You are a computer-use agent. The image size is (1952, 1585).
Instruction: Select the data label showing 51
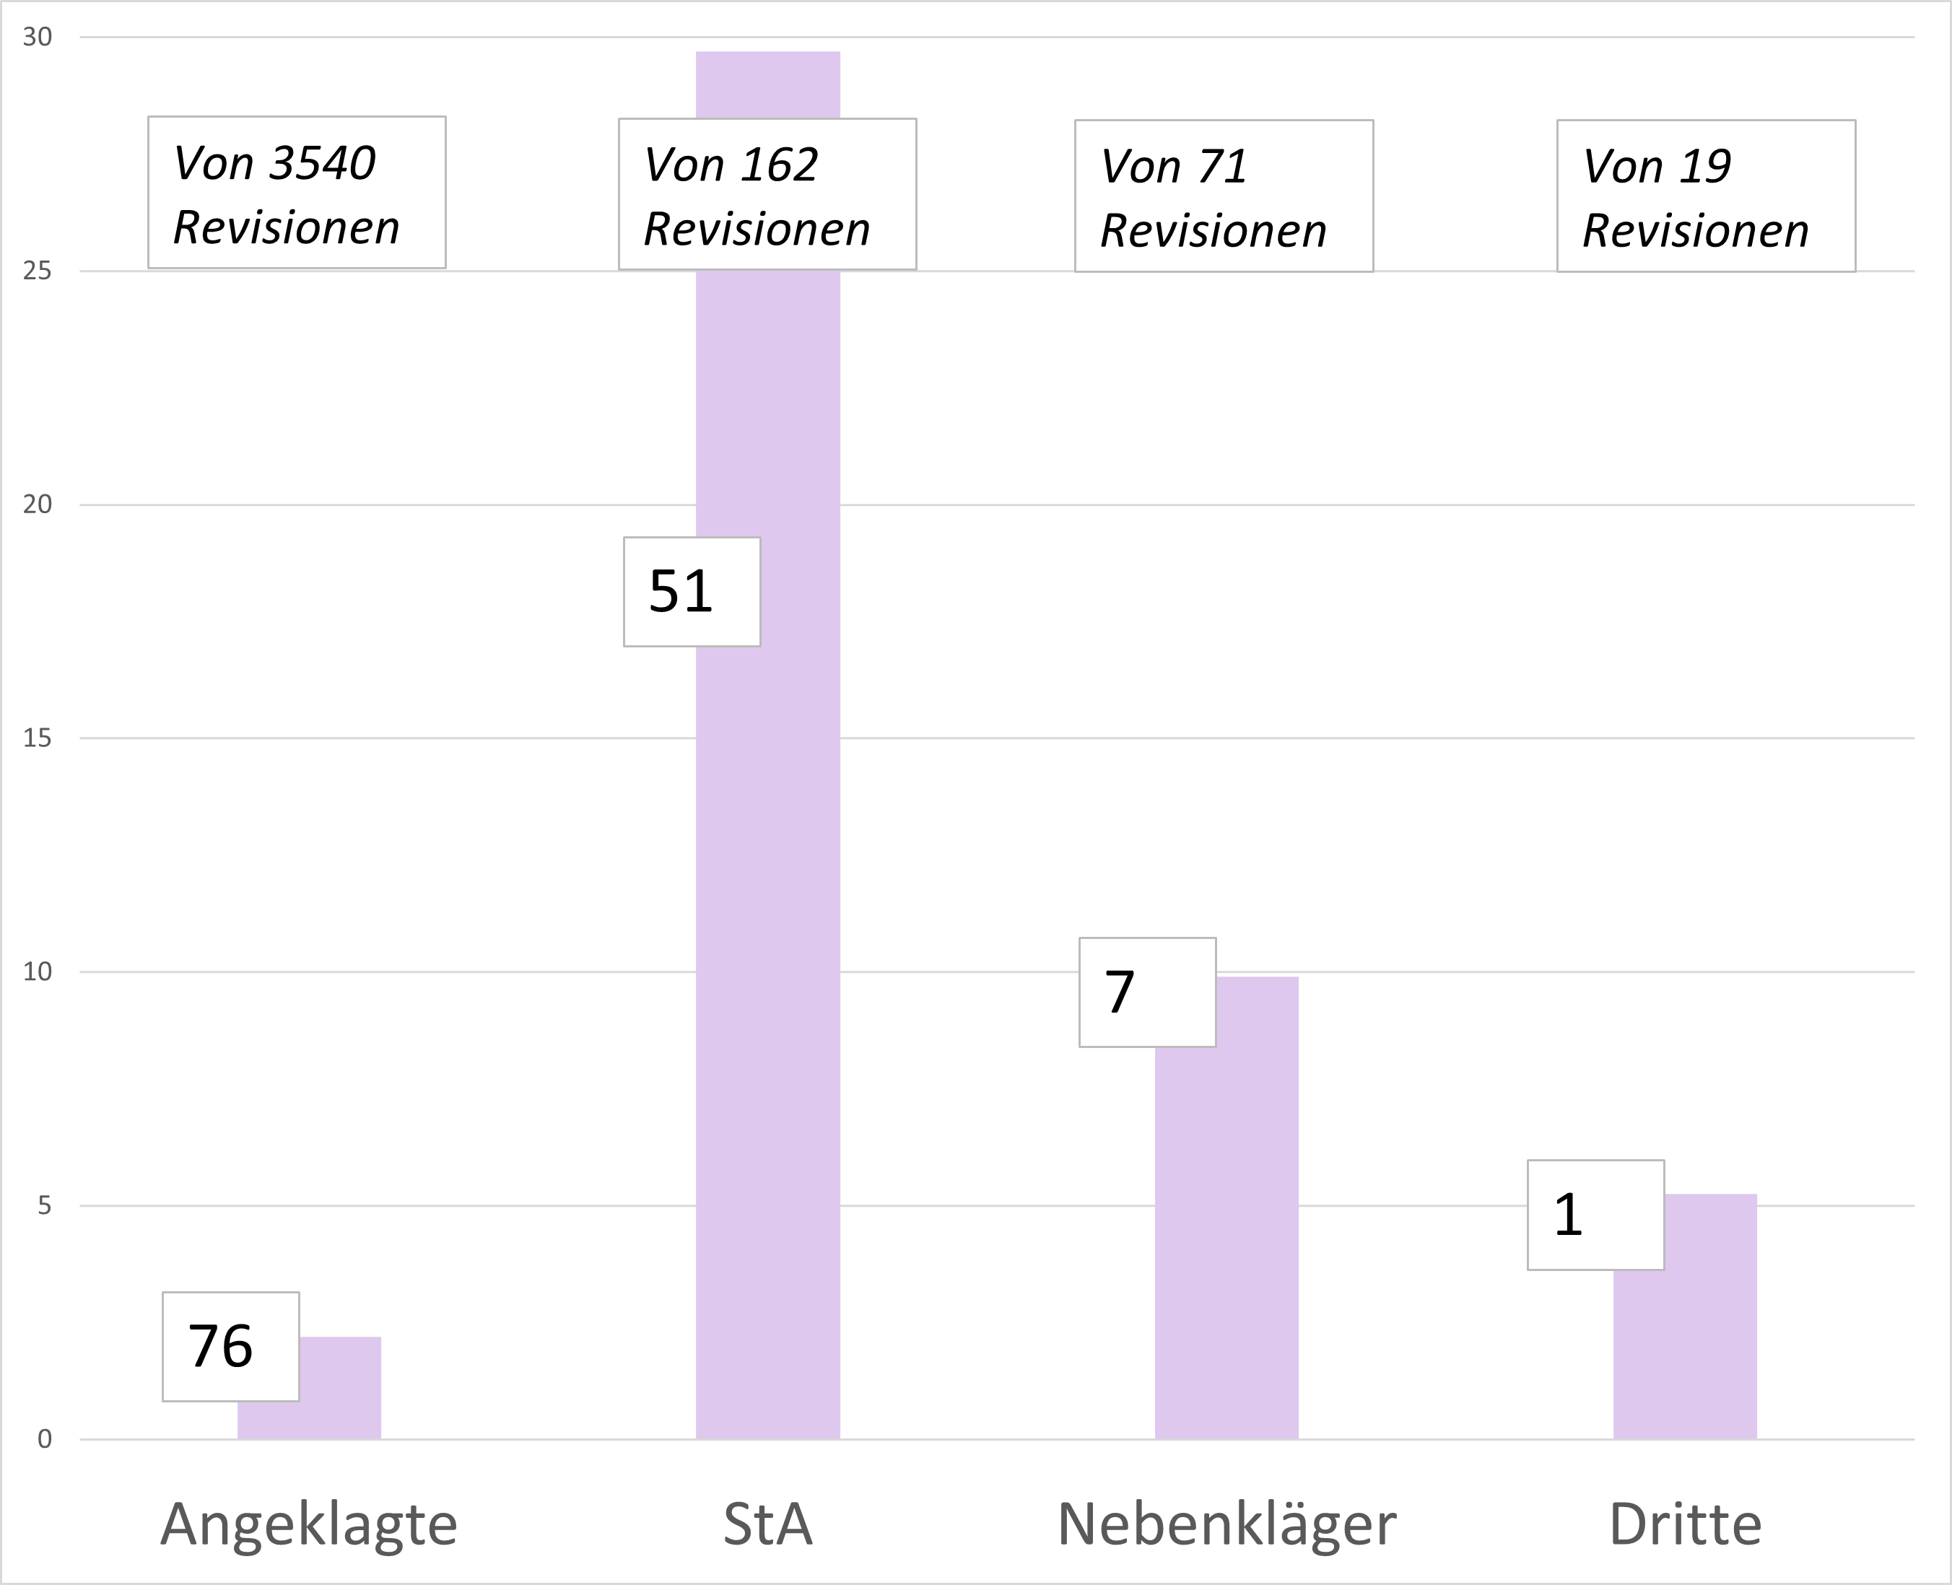pyautogui.click(x=691, y=592)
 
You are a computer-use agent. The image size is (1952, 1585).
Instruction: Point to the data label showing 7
pyautogui.click(x=1147, y=992)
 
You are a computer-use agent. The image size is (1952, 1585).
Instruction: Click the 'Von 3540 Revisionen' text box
pyautogui.click(x=297, y=193)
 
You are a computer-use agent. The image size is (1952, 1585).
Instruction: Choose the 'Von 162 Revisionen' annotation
pyautogui.click(x=767, y=194)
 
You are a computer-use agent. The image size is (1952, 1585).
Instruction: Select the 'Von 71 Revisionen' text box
pyautogui.click(x=1224, y=196)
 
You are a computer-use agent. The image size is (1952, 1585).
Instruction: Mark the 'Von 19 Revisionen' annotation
pyautogui.click(x=1706, y=196)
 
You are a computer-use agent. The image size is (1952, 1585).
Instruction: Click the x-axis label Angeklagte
pyautogui.click(x=308, y=1524)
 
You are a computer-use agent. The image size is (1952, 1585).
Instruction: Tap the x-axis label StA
pyautogui.click(x=768, y=1524)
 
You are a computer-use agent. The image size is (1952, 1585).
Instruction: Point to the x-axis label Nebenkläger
pyautogui.click(x=1226, y=1524)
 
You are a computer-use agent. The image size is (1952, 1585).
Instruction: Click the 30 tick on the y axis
pyautogui.click(x=38, y=38)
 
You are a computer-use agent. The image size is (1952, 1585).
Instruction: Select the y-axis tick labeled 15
pyautogui.click(x=38, y=738)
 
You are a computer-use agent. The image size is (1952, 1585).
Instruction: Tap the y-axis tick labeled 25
pyautogui.click(x=38, y=271)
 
